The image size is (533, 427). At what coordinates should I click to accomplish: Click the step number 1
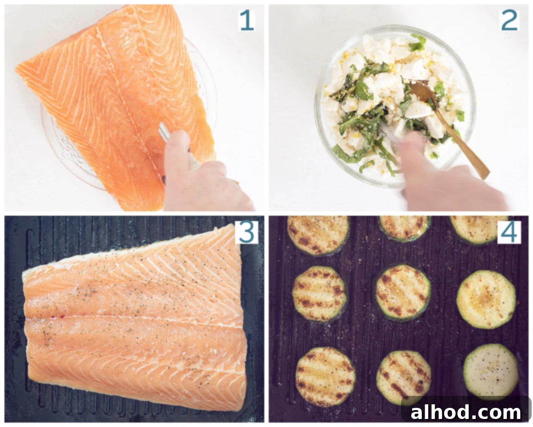(x=247, y=20)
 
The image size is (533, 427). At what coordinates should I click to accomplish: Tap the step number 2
(x=509, y=20)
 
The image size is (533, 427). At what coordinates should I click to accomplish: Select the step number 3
(x=247, y=232)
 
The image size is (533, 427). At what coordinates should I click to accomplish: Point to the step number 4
(x=509, y=232)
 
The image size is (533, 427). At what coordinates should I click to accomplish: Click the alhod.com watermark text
(x=465, y=412)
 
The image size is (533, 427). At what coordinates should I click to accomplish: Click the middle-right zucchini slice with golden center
(x=486, y=299)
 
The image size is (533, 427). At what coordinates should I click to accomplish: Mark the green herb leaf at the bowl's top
(x=418, y=43)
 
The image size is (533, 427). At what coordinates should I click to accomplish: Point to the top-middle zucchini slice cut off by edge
(x=405, y=228)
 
